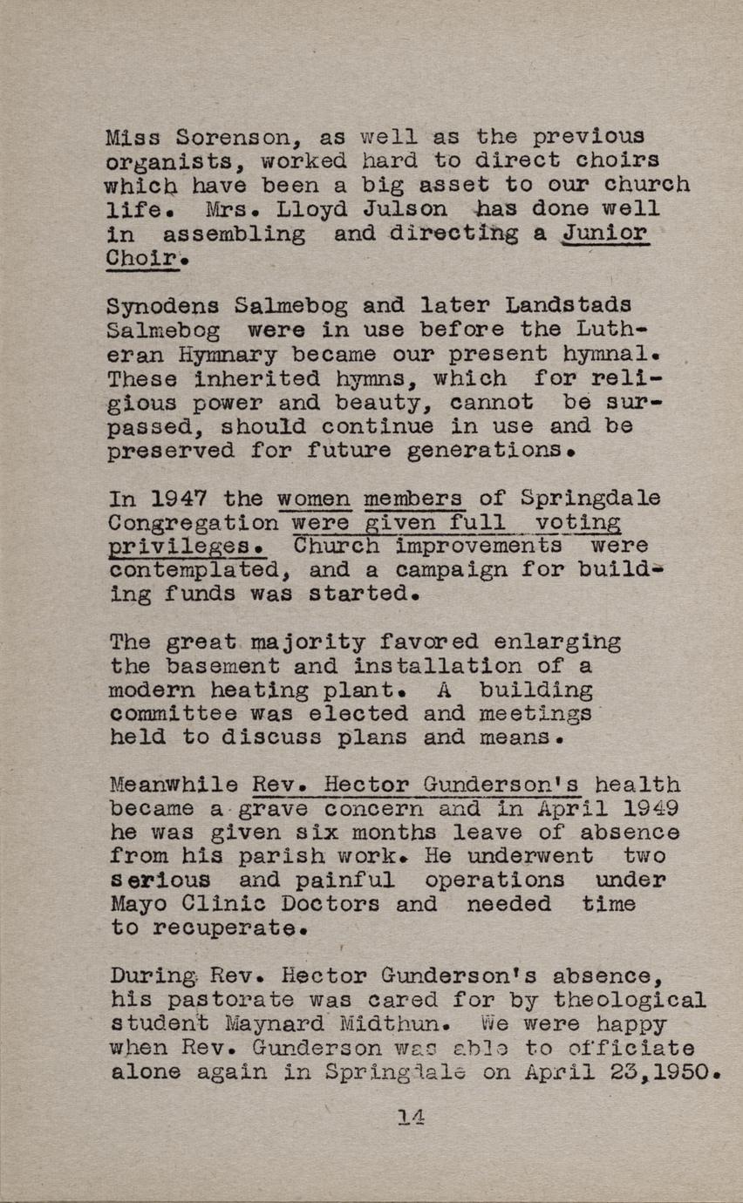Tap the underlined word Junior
[x=606, y=234]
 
